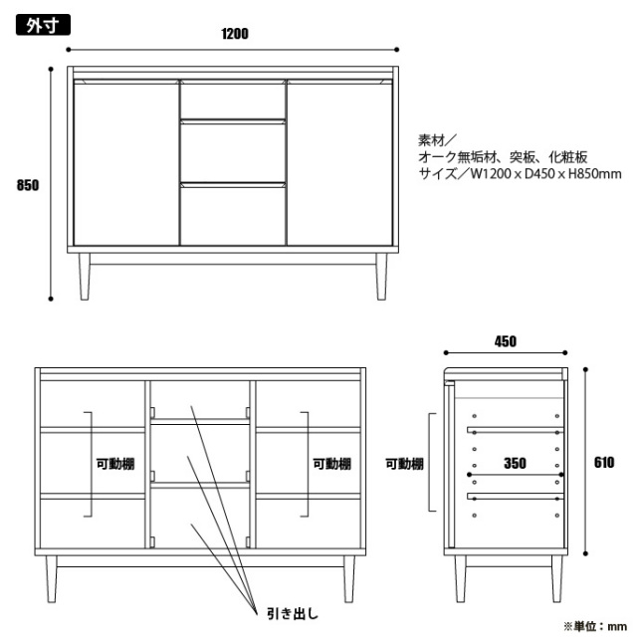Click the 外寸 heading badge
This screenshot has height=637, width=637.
[43, 25]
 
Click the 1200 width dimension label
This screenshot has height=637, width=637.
[235, 34]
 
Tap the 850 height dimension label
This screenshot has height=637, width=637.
[28, 185]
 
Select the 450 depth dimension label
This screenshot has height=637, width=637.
[506, 341]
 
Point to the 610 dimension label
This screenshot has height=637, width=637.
[604, 462]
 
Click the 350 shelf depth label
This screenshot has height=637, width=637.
[515, 463]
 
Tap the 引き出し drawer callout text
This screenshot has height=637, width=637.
[293, 613]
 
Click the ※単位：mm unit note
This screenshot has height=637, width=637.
[595, 626]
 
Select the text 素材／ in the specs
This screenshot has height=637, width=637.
[437, 140]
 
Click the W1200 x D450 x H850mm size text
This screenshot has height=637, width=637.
[546, 174]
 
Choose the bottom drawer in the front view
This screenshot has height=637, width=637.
[233, 214]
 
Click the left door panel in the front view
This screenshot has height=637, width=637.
[126, 162]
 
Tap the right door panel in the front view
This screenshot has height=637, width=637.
[339, 162]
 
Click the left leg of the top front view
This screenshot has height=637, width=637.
[85, 277]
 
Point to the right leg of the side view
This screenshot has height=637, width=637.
[557, 578]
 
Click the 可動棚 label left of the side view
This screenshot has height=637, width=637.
[404, 464]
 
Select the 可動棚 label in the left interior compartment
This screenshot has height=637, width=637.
[115, 464]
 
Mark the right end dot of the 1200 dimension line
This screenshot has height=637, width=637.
[396, 50]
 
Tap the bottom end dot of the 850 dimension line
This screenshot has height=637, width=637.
[51, 299]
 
